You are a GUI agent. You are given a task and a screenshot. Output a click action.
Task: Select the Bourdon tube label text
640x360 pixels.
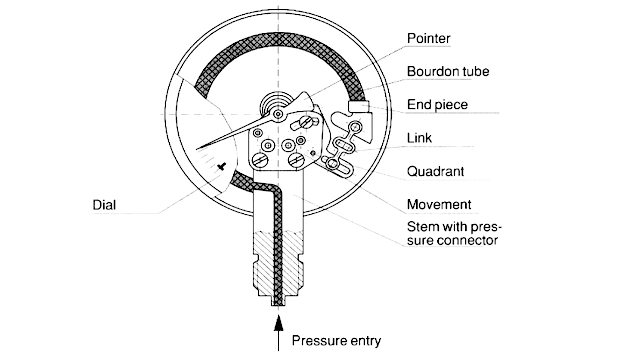[446, 73]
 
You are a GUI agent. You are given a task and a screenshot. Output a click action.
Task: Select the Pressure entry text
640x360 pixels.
[337, 340]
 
